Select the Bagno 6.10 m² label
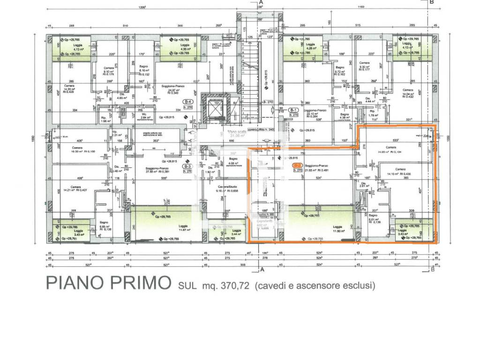(144, 70)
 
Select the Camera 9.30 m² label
(364, 65)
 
